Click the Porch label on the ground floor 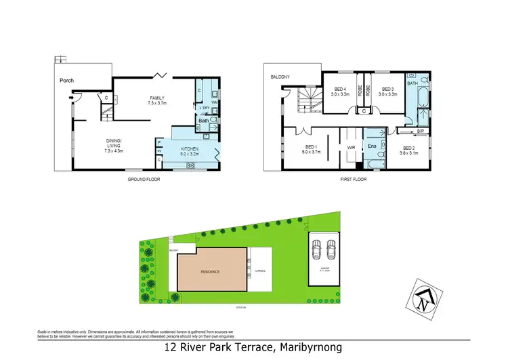(66, 81)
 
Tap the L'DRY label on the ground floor (203, 108)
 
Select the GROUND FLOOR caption (143, 180)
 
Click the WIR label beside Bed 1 (352, 146)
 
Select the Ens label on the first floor (372, 146)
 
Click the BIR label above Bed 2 (420, 130)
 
